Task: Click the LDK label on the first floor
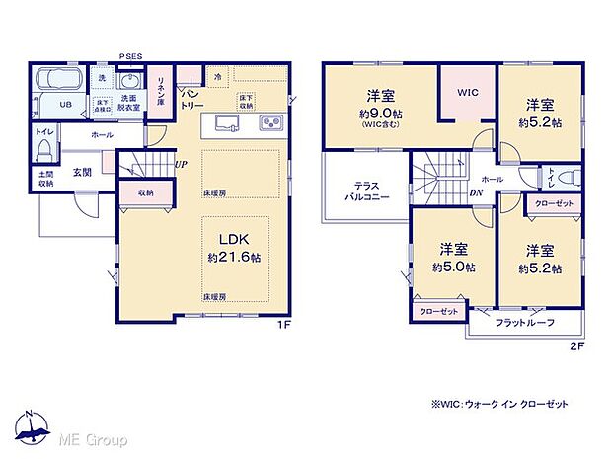pyautogui.click(x=234, y=238)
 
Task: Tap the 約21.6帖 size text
pyautogui.click(x=234, y=257)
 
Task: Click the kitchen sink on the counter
pyautogui.click(x=223, y=122)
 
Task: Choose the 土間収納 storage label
pyautogui.click(x=46, y=178)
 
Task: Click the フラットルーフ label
pyautogui.click(x=524, y=323)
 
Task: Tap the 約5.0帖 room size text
pyautogui.click(x=453, y=267)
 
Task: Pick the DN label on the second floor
pyautogui.click(x=476, y=193)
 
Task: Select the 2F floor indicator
pyautogui.click(x=575, y=346)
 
